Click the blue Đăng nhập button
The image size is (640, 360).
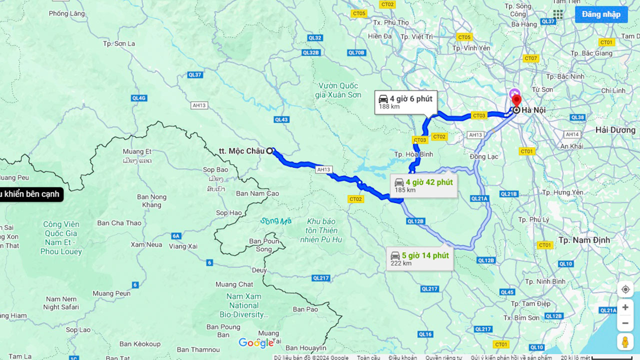click(600, 14)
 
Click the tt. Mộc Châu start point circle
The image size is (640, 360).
click(269, 150)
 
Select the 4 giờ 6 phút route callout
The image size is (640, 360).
click(406, 102)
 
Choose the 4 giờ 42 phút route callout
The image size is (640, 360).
click(423, 185)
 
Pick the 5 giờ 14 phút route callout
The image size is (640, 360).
click(419, 258)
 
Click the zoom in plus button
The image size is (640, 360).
click(625, 307)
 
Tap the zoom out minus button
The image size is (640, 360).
click(625, 323)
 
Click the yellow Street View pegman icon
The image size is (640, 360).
click(625, 342)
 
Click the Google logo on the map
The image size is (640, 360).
click(256, 343)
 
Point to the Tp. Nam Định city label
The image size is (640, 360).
click(584, 240)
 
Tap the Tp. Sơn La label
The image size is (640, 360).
click(119, 43)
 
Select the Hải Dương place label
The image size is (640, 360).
click(615, 130)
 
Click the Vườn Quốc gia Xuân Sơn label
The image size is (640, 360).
click(338, 90)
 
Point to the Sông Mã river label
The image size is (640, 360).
click(275, 220)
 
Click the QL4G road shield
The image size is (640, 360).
click(138, 98)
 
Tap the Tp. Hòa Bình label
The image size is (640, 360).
click(413, 154)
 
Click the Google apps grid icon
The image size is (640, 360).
click(558, 14)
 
